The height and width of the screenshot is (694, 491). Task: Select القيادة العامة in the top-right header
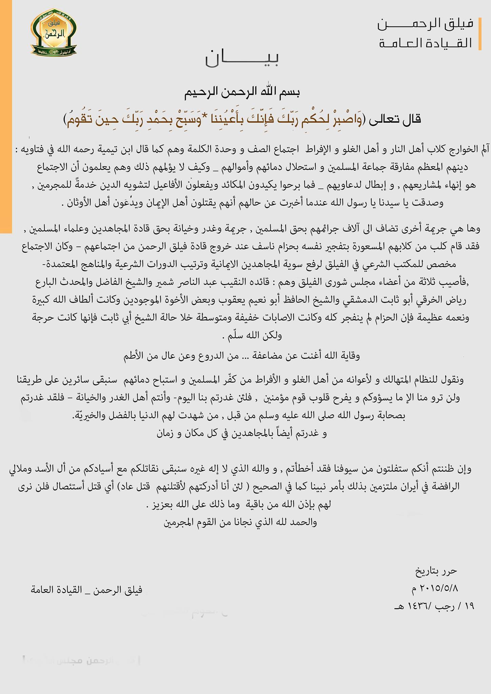(x=426, y=43)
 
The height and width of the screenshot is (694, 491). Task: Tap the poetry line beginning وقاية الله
(x=241, y=356)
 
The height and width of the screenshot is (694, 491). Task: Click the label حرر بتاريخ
(x=436, y=571)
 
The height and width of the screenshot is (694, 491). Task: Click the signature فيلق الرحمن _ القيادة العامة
(x=86, y=590)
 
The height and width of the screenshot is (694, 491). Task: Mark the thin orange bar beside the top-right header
(x=480, y=34)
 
